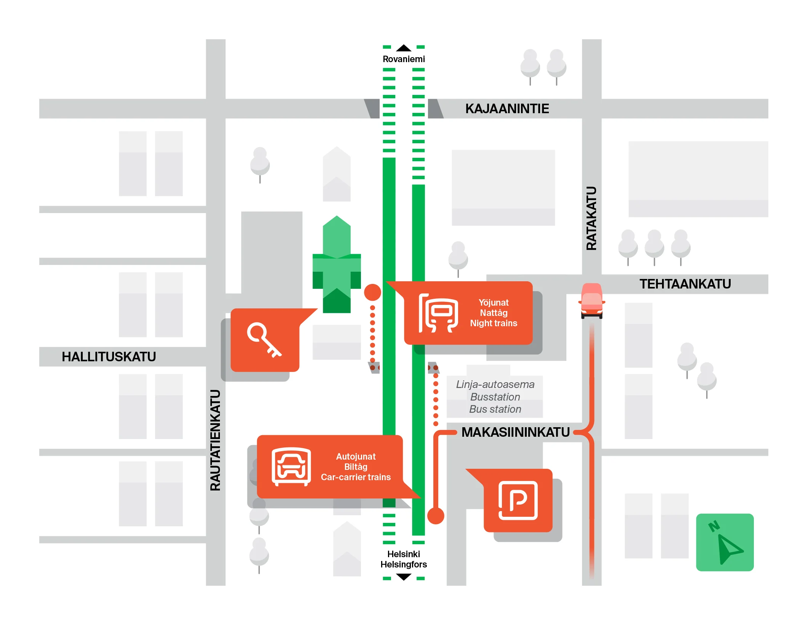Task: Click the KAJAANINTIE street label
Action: point(507,109)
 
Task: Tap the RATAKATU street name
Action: point(591,218)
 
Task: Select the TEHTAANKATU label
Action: point(685,284)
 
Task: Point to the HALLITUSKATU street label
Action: point(109,357)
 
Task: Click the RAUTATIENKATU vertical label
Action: point(215,440)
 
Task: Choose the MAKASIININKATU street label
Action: point(515,432)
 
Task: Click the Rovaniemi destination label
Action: point(404,59)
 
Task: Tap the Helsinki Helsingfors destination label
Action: point(404,559)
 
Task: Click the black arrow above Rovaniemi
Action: point(404,48)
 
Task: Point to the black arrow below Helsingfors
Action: point(404,577)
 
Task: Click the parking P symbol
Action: point(518,500)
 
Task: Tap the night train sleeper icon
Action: point(438,313)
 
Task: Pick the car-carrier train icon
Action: point(291,467)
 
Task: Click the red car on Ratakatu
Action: point(592,301)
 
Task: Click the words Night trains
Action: point(494,323)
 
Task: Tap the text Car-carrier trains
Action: point(356,477)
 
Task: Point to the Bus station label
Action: point(495,409)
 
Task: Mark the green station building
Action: point(337,264)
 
